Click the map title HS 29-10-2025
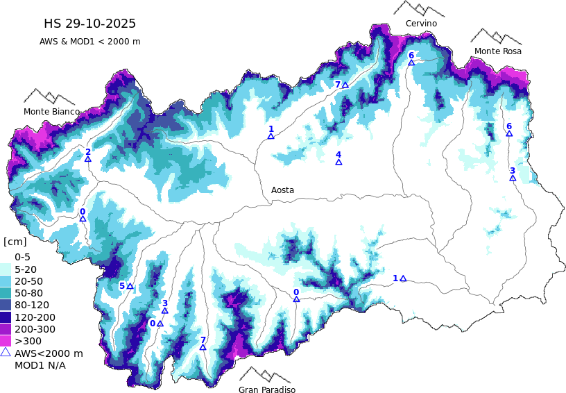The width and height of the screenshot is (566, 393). click(x=89, y=24)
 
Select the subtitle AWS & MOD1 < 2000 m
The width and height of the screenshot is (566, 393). click(x=89, y=42)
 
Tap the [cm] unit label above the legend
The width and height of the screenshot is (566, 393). click(x=15, y=242)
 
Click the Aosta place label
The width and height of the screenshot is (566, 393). click(x=282, y=190)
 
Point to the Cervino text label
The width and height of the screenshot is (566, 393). click(x=421, y=24)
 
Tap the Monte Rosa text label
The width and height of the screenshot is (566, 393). click(x=497, y=51)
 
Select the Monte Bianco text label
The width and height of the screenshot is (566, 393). click(x=51, y=112)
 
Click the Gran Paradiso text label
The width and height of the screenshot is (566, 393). click(x=267, y=390)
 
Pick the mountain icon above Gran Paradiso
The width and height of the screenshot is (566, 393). click(x=265, y=375)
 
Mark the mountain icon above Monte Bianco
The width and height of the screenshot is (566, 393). click(x=49, y=97)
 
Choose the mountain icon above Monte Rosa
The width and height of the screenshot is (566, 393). click(x=495, y=36)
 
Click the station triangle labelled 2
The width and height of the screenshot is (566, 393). click(x=88, y=159)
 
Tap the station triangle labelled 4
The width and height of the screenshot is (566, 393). click(x=338, y=162)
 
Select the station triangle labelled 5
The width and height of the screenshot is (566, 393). click(x=130, y=286)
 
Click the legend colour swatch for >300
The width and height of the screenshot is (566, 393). click(x=6, y=341)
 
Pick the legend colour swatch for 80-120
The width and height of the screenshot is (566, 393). click(x=6, y=305)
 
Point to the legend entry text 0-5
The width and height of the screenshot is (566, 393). click(x=23, y=257)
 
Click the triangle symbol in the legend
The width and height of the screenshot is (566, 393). click(x=6, y=353)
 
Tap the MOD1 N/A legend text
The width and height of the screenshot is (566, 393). click(x=40, y=365)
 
